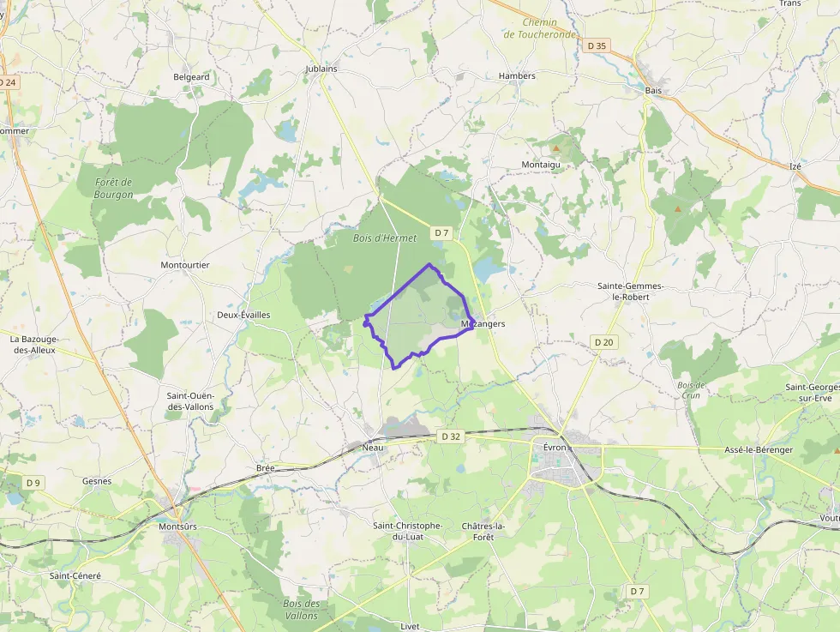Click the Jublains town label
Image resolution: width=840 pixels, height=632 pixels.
click(321, 69)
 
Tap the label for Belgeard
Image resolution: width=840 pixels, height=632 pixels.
click(191, 76)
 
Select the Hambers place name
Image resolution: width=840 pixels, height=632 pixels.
click(517, 75)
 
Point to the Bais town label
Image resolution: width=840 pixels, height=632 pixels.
click(653, 89)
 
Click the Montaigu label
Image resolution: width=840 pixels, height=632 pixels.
click(541, 164)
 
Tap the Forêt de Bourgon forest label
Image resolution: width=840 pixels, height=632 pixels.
click(114, 188)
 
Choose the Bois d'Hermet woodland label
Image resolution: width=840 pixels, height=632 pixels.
click(385, 238)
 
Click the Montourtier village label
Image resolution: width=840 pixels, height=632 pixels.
click(185, 265)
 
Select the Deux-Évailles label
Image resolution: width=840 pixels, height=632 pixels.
click(243, 315)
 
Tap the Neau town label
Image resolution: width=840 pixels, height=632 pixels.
click(373, 448)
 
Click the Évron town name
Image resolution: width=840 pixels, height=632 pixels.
click(555, 447)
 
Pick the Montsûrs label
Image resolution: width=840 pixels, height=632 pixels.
click(178, 526)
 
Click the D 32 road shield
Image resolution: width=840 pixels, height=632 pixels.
click(452, 436)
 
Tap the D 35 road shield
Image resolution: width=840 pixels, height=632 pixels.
click(597, 45)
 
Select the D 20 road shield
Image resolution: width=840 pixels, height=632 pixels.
click(603, 342)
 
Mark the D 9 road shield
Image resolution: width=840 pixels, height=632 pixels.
click(33, 483)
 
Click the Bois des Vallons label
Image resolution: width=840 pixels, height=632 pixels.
click(301, 610)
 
